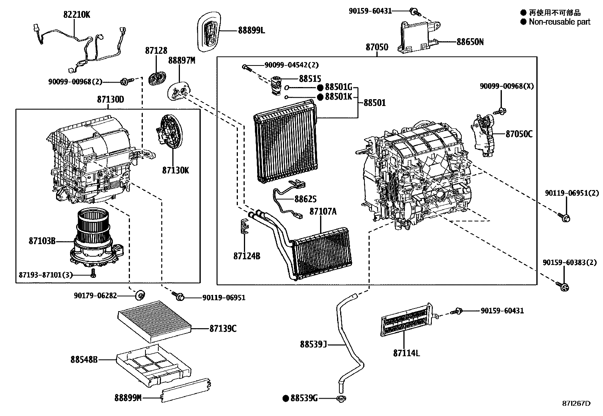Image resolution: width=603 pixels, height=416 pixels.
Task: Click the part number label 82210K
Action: [77, 15]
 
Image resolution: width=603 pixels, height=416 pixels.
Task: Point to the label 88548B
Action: [84, 359]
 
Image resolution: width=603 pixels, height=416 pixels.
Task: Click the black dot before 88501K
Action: [320, 97]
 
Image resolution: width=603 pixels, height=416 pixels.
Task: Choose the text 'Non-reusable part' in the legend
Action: [559, 22]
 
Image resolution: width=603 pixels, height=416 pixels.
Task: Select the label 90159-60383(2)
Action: [570, 262]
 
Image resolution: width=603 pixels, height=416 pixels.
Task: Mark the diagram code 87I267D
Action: [576, 404]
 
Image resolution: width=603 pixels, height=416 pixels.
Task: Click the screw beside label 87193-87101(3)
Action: [93, 274]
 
